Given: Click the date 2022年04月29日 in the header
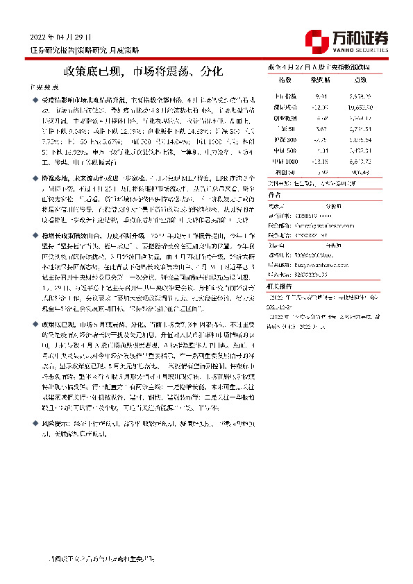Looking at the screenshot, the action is (61, 37).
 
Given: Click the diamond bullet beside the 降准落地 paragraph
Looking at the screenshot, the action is (36, 178).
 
